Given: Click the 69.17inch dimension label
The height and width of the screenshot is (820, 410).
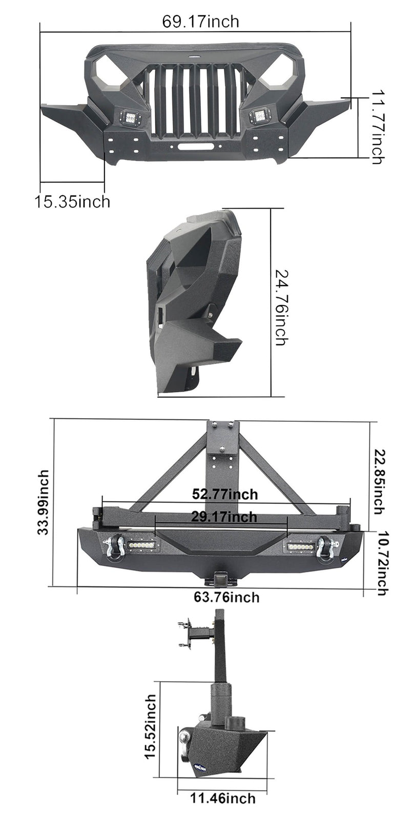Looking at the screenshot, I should (200, 22).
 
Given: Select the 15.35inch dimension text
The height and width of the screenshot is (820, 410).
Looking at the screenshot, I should (72, 201).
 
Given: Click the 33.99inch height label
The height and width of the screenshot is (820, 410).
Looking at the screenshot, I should (44, 502).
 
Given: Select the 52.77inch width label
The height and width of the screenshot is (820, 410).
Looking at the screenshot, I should (225, 495).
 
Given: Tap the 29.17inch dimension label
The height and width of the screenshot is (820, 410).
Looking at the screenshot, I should (224, 517).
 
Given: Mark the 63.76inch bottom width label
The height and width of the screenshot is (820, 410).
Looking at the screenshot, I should (227, 598).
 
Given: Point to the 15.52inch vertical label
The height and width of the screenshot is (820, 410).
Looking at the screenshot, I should (150, 727).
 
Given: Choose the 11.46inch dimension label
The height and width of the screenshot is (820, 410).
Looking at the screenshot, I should (222, 798).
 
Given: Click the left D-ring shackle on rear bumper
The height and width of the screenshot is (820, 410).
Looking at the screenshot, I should (113, 547).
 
